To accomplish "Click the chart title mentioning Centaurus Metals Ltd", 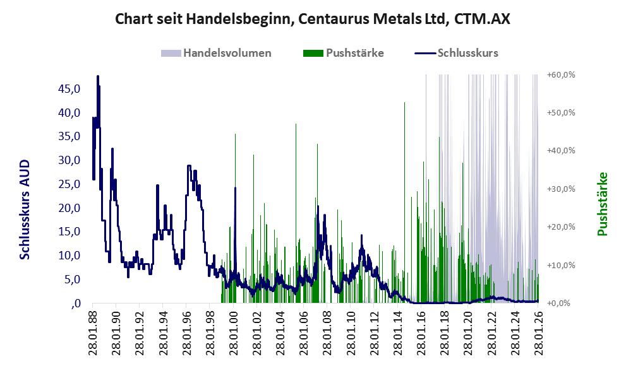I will coord(313,20).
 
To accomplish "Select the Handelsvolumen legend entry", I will coord(227,53).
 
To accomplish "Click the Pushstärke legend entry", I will coord(354,53).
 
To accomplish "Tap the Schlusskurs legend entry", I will coord(467,53).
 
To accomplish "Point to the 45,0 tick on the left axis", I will coord(68,89).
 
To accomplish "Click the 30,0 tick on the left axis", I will coord(68,160).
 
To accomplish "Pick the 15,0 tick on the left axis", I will coord(68,232).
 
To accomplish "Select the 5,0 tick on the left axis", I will coord(71,279).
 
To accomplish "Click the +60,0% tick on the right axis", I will coord(561,74).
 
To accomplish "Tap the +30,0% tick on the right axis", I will coord(561,189).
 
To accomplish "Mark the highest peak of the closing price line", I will coord(97,76).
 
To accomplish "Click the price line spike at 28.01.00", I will coord(235,188).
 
